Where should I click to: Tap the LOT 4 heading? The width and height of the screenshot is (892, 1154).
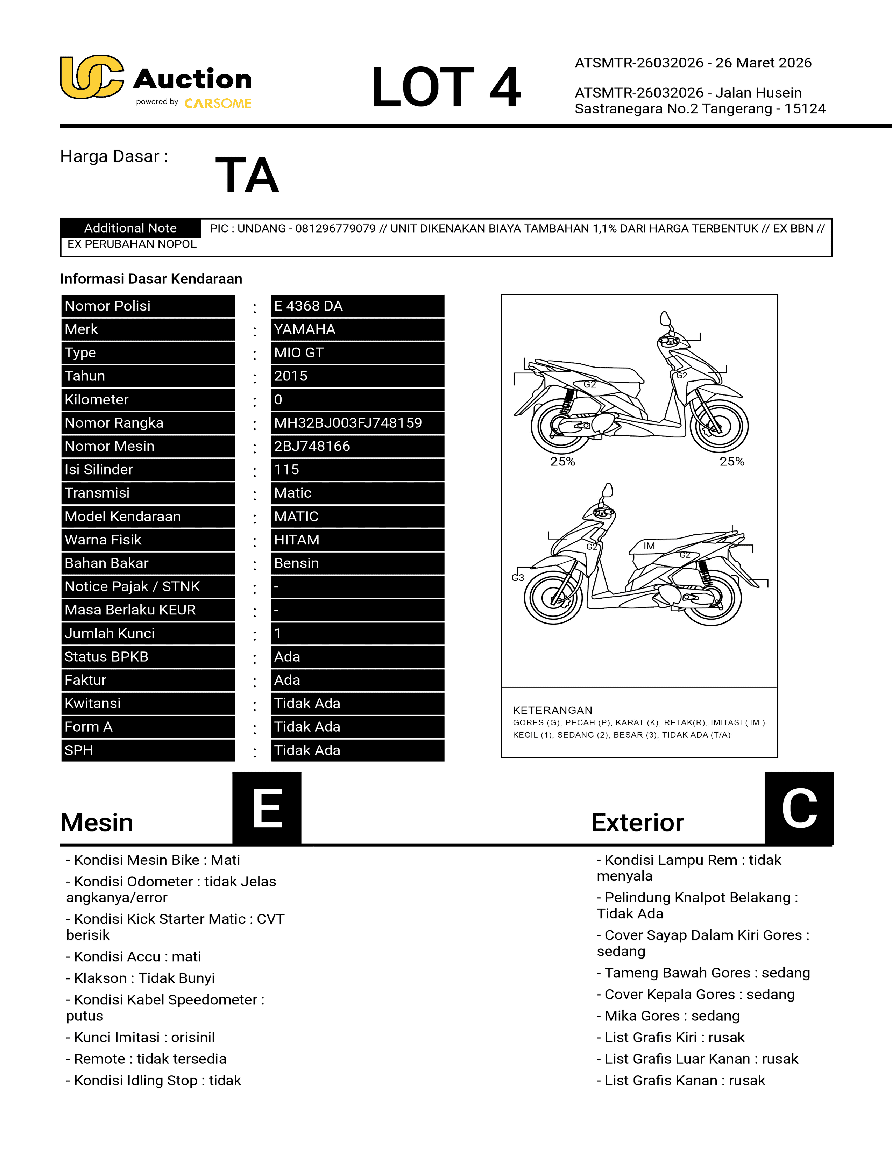445,87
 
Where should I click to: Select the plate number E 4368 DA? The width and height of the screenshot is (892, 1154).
308,306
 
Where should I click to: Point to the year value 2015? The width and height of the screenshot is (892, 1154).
291,376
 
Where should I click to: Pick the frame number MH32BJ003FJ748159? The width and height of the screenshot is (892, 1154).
348,423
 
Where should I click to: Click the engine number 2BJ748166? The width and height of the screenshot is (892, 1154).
312,446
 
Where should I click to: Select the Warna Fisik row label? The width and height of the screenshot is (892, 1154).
103,540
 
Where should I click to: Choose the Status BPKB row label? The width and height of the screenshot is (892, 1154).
106,656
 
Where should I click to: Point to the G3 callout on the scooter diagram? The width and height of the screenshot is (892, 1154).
518,578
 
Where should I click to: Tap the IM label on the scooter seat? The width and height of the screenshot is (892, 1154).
649,546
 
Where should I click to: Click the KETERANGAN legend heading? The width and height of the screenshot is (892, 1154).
552,710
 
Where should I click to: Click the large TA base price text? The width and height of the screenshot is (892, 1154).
247,176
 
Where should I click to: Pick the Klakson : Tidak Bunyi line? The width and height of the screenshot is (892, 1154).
141,978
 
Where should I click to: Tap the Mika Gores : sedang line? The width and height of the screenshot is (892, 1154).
668,1016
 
